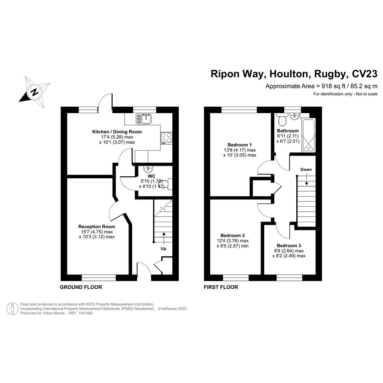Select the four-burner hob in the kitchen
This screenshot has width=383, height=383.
click(x=166, y=138)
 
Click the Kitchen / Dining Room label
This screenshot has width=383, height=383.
click(x=117, y=132)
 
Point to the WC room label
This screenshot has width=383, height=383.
click(x=152, y=176)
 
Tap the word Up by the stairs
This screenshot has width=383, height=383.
click(x=163, y=249)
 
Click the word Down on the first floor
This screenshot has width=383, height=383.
click(x=306, y=169)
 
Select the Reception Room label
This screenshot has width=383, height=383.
click(x=97, y=227)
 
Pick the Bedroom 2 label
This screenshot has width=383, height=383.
click(x=233, y=235)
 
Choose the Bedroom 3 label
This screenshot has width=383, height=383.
click(x=289, y=246)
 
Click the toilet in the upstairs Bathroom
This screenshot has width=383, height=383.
click(x=282, y=119)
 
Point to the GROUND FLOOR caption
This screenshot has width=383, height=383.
click(x=81, y=287)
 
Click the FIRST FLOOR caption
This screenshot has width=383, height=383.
click(x=221, y=287)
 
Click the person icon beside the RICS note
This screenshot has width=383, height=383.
click(x=13, y=309)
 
